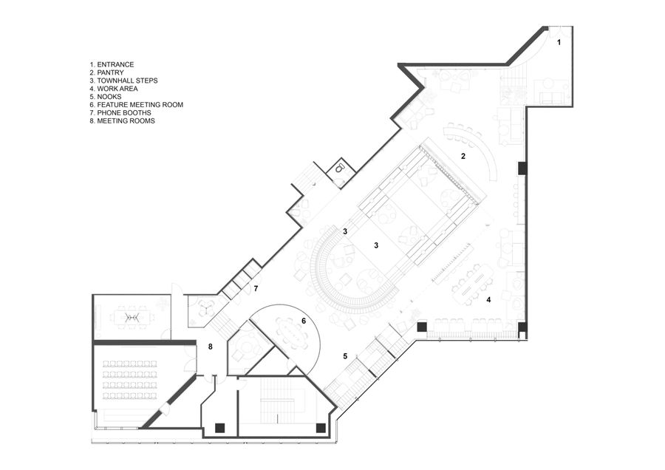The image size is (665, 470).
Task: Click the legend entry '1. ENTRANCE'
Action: point(112,64)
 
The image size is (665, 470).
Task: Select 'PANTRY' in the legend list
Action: point(110,72)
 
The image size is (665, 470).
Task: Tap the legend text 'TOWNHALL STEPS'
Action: point(127,81)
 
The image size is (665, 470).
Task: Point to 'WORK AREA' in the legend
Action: point(117,89)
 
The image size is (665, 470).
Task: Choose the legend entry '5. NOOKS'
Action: point(105,97)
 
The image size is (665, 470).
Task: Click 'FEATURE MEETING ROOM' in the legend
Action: point(140,105)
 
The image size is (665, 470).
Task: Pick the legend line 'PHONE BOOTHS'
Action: point(124,113)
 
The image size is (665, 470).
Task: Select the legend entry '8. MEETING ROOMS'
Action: point(122,121)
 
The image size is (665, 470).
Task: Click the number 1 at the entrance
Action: point(559,42)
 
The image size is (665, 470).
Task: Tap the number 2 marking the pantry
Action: point(463,156)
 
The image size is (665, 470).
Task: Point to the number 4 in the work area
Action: point(488,300)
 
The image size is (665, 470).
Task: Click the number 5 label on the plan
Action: point(345,356)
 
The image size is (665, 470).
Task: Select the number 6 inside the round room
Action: point(304,321)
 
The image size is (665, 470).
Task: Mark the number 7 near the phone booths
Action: point(256,289)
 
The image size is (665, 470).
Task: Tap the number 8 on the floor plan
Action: point(211,347)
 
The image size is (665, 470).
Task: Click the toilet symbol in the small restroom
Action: point(339,168)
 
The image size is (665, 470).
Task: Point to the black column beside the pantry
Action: point(522,168)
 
